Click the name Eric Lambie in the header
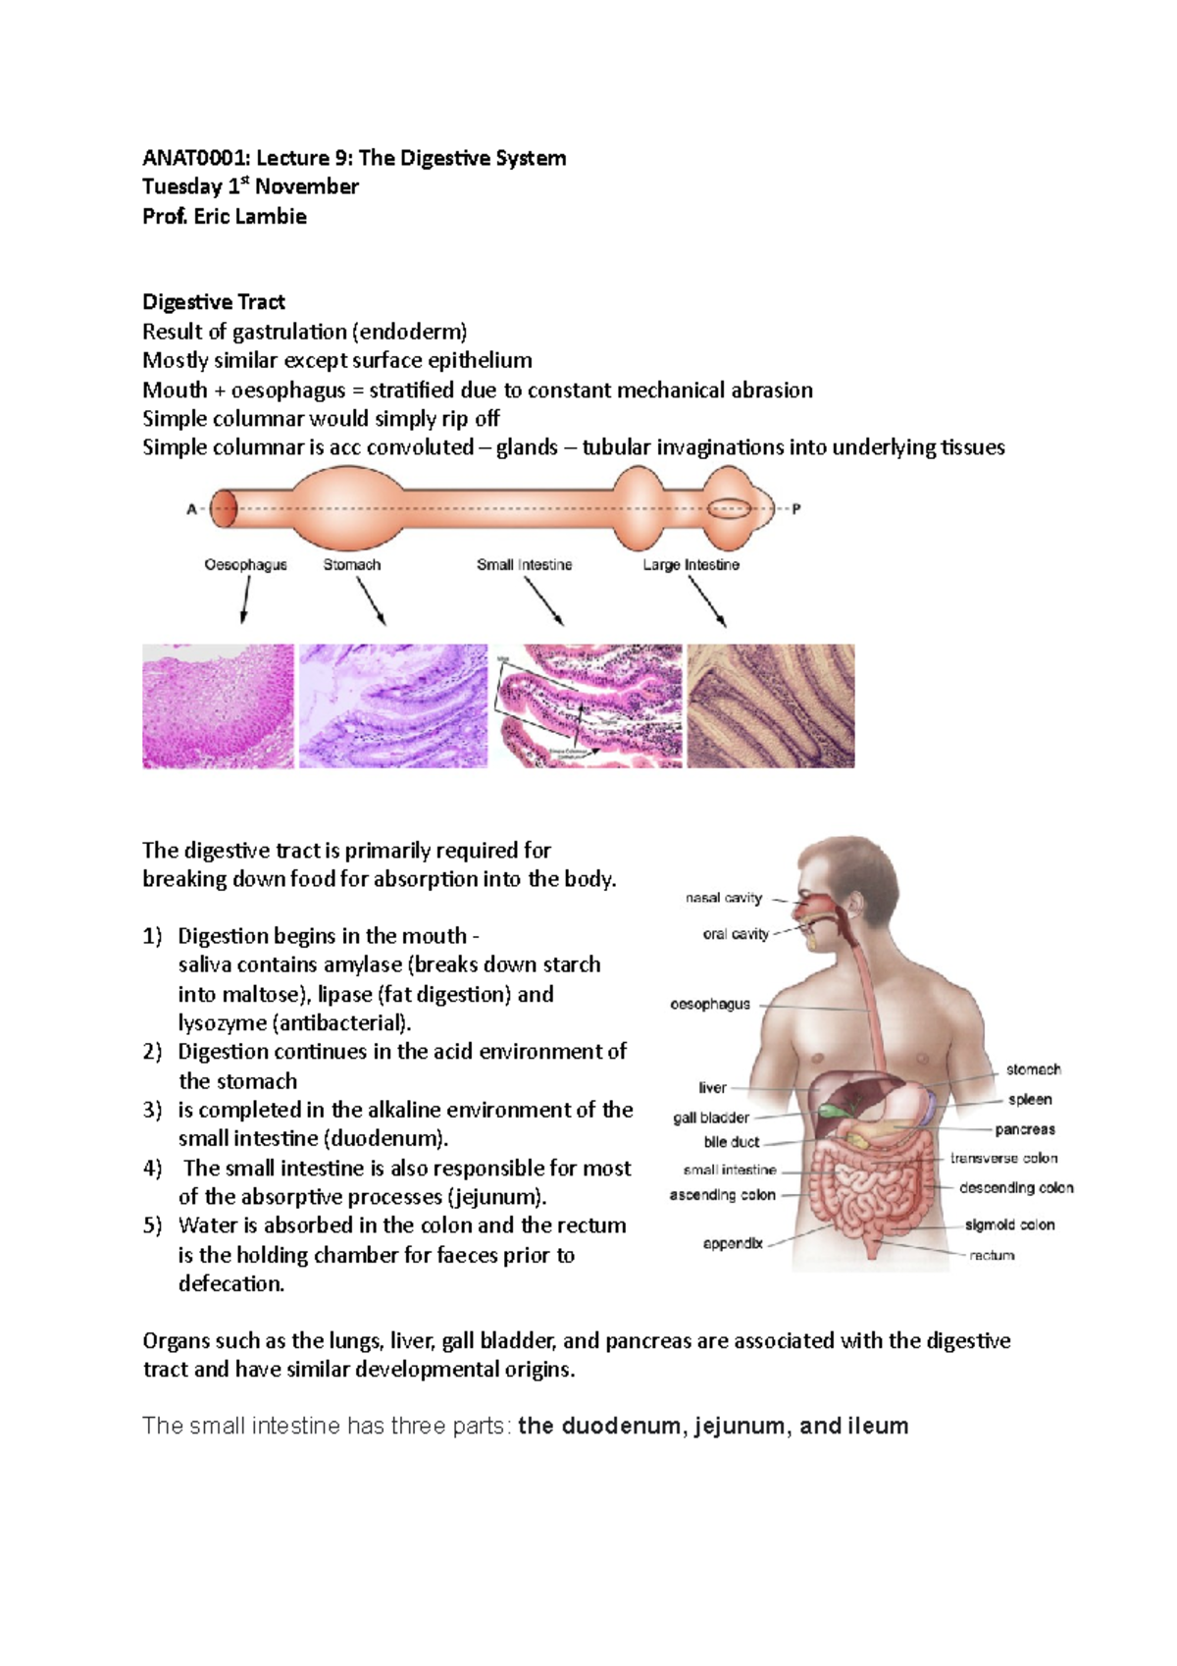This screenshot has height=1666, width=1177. [250, 217]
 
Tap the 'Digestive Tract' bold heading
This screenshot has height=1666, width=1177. [214, 302]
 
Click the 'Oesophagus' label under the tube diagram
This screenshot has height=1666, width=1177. [245, 565]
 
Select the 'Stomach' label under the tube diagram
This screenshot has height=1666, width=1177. [352, 565]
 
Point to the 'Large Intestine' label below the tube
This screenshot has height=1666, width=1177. [691, 565]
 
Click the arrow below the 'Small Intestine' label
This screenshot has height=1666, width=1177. [543, 600]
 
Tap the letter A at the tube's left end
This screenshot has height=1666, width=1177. [192, 509]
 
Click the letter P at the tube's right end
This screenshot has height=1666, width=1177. [796, 509]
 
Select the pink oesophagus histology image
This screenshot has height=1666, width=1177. [218, 705]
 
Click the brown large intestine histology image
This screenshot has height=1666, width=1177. [771, 705]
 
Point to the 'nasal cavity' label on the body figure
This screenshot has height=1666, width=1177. [724, 898]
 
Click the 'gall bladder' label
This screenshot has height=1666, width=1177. [711, 1118]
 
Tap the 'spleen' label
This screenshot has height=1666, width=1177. [1030, 1100]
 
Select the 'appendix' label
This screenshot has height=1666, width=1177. [733, 1243]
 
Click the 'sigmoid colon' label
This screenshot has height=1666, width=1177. [1009, 1224]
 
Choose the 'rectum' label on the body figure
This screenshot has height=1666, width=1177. [992, 1255]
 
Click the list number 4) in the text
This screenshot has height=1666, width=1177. [152, 1169]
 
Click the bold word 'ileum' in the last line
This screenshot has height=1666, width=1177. [882, 1426]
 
